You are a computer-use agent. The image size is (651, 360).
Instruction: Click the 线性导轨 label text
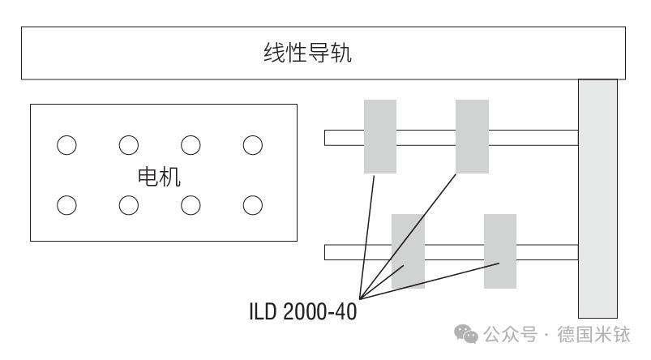click(x=307, y=53)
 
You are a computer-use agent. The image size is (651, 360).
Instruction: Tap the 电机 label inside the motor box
click(x=159, y=177)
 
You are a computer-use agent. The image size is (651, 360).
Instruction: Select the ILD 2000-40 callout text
click(x=302, y=311)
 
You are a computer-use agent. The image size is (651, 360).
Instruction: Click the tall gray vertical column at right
click(x=597, y=199)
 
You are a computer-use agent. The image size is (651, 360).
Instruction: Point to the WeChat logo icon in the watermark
click(x=466, y=334)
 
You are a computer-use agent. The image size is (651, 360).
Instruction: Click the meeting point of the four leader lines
click(x=361, y=298)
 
